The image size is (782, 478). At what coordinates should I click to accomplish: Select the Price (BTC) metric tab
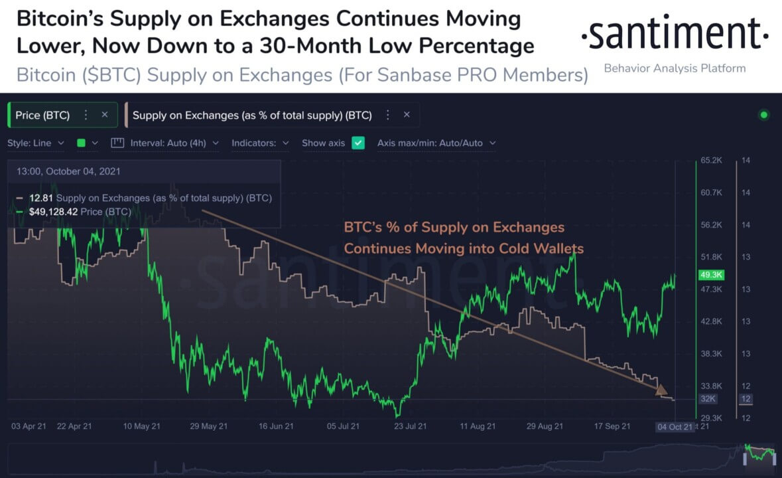pyautogui.click(x=42, y=115)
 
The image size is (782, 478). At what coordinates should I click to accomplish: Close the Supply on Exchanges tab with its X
pyautogui.click(x=407, y=115)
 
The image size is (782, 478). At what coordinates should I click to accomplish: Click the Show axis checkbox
pyautogui.click(x=358, y=143)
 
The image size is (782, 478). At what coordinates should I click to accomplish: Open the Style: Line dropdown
pyautogui.click(x=36, y=143)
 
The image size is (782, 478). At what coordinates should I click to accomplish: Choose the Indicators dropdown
pyautogui.click(x=260, y=143)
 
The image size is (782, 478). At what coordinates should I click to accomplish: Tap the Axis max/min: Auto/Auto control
pyautogui.click(x=436, y=143)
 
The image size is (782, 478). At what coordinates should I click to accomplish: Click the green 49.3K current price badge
pyautogui.click(x=710, y=275)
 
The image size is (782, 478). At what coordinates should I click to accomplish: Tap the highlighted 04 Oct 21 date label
pyautogui.click(x=675, y=426)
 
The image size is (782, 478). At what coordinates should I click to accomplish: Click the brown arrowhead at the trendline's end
pyautogui.click(x=661, y=390)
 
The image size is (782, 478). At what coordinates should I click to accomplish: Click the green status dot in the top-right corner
pyautogui.click(x=763, y=115)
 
